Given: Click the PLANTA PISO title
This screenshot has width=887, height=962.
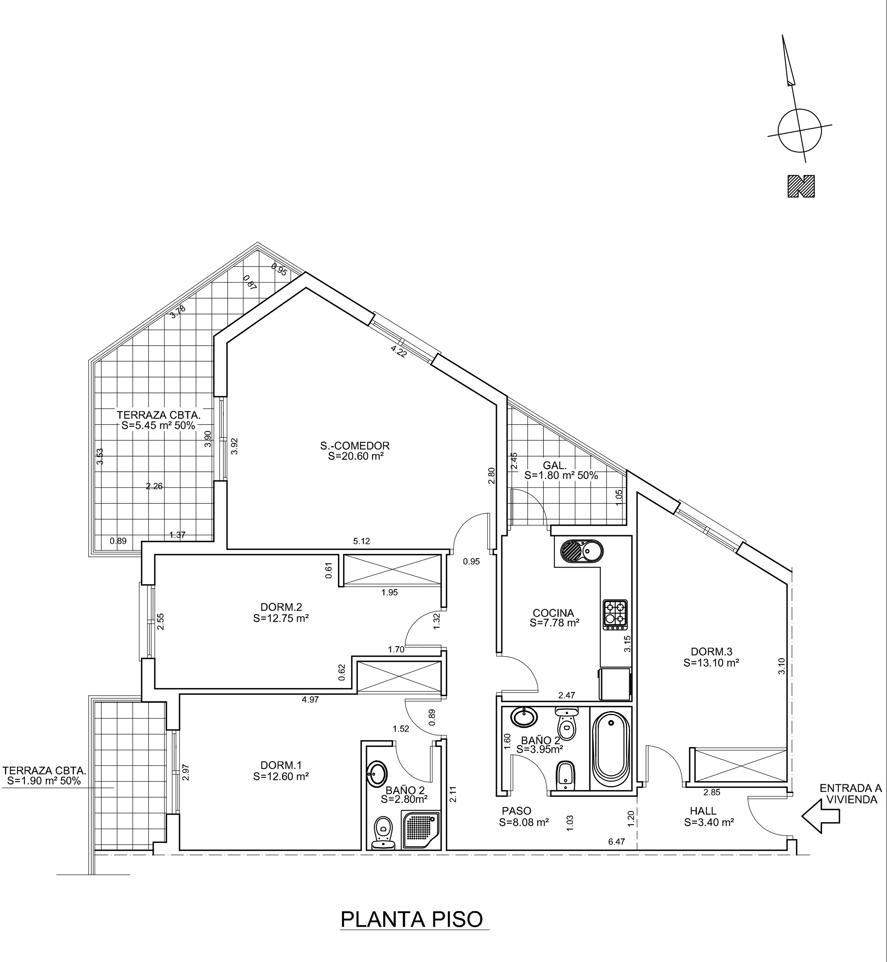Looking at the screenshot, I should click(412, 919).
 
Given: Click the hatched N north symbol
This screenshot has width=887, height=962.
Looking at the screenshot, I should click(801, 186).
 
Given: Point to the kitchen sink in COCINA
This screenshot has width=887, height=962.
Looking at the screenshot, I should click(579, 550).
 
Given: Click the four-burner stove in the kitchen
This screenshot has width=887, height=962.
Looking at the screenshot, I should click(615, 614).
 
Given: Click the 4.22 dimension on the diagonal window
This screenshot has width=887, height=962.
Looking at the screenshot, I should click(398, 352).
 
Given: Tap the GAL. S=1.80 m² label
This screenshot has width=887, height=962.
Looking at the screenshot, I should click(561, 471).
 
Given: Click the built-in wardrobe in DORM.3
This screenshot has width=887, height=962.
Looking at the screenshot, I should click(739, 766).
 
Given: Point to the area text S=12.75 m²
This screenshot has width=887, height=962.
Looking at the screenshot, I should click(281, 619).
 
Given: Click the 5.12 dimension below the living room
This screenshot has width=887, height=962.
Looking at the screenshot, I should click(361, 541).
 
